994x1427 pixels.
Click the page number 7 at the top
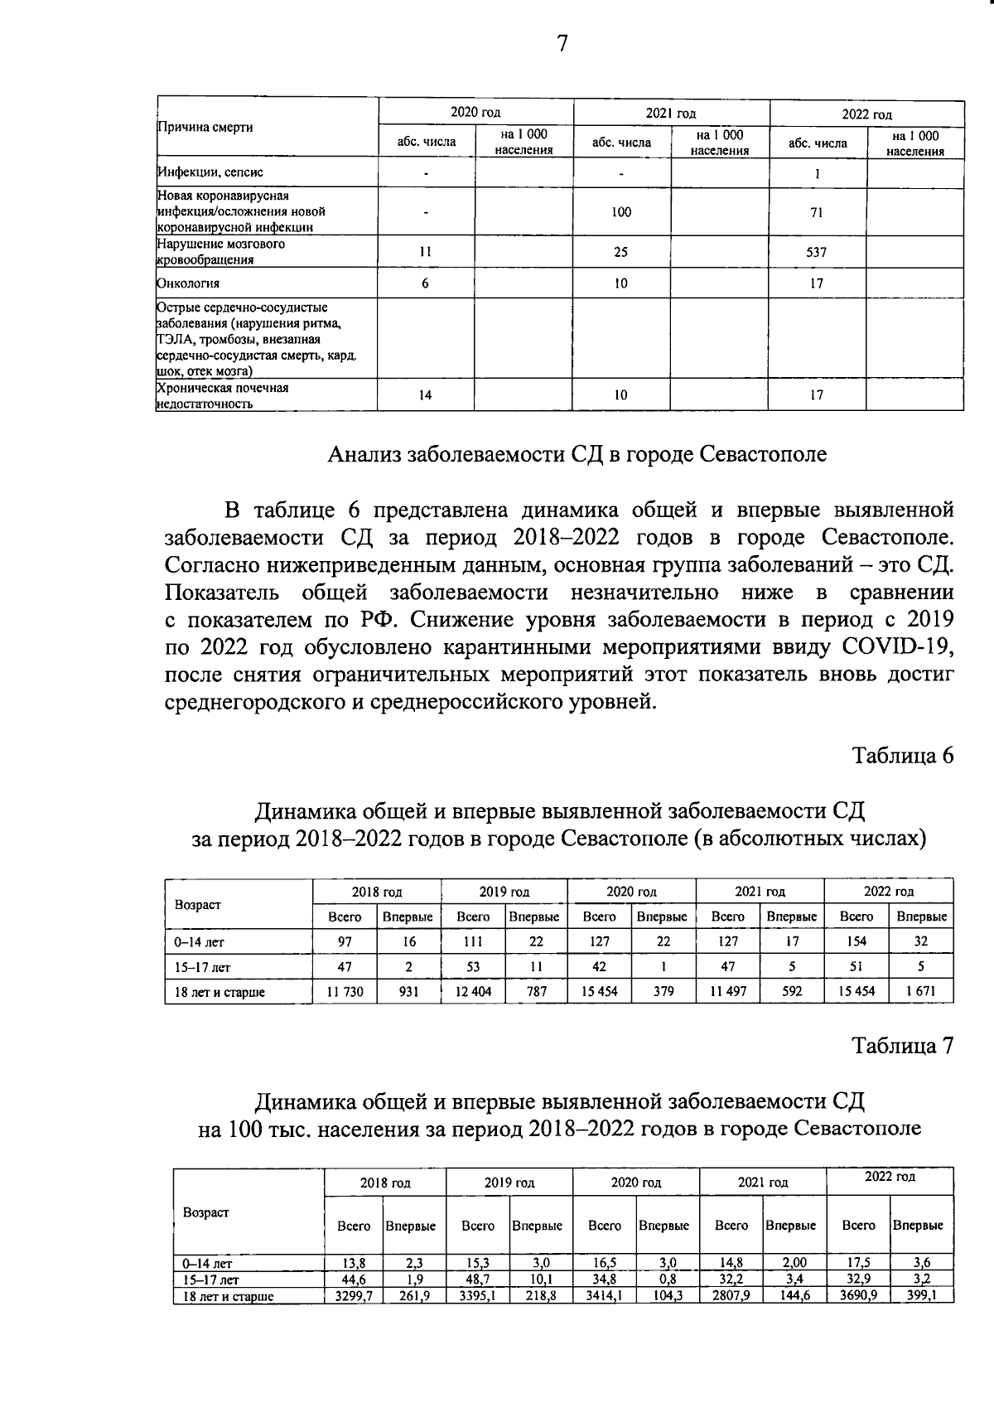coord(562,43)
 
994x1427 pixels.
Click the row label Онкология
coord(189,283)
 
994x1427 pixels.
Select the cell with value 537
coord(817,253)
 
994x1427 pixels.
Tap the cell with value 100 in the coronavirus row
coord(621,212)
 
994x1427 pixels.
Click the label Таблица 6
coord(904,756)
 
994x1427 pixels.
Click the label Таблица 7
coord(904,1046)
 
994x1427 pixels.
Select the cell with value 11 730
coord(345,991)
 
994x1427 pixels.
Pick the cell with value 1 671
coord(921,991)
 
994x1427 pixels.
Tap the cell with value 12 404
coord(473,991)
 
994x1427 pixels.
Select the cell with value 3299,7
coord(354,1295)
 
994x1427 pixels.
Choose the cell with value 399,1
coord(921,1295)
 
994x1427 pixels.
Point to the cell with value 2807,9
coord(731,1295)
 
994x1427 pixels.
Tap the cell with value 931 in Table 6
coord(409,991)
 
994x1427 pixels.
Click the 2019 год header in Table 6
coord(504,892)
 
